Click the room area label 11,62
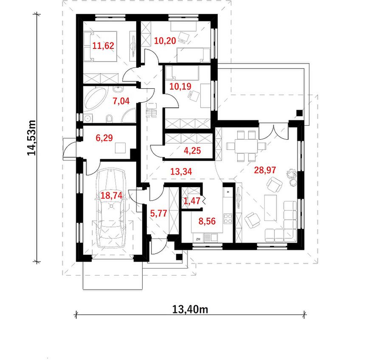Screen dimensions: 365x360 pos(103,46)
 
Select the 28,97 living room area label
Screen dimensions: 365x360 pos(265,170)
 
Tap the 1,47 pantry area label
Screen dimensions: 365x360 pos(192,200)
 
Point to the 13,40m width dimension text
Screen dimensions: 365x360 pos(190,309)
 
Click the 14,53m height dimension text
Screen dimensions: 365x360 pos(31,138)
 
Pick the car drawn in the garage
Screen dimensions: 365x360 pos(111,208)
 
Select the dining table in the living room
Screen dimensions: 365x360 pos(246,146)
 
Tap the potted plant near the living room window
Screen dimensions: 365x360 pos(292,177)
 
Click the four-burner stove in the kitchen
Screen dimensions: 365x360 pos(227,219)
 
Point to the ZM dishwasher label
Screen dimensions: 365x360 pos(198,239)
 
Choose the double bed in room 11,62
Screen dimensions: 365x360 pos(100,47)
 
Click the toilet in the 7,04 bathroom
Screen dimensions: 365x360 pos(109,119)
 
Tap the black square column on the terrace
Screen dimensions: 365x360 pos(299,113)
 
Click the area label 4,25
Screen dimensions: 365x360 pos(192,151)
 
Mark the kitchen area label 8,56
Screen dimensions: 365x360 pos(207,221)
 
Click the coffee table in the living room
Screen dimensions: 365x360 pos(271,208)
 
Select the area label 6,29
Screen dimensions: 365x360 pos(104,138)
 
